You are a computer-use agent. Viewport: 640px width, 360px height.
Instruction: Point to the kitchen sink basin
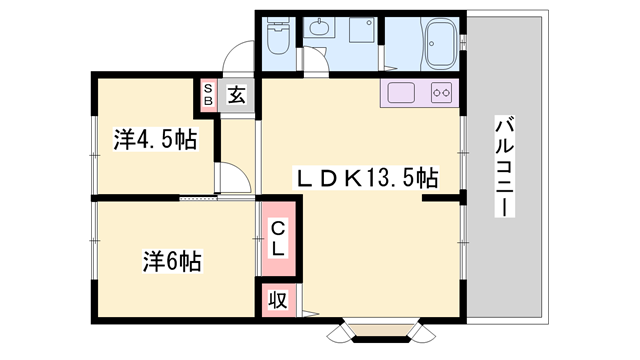[x=401, y=94]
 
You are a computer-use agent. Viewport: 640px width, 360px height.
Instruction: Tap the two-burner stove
[x=440, y=94]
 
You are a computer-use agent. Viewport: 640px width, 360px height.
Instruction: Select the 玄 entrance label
[x=236, y=95]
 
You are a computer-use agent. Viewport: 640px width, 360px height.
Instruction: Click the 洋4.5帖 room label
[x=155, y=140]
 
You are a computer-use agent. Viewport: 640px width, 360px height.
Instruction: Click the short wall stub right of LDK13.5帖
[x=439, y=200]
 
